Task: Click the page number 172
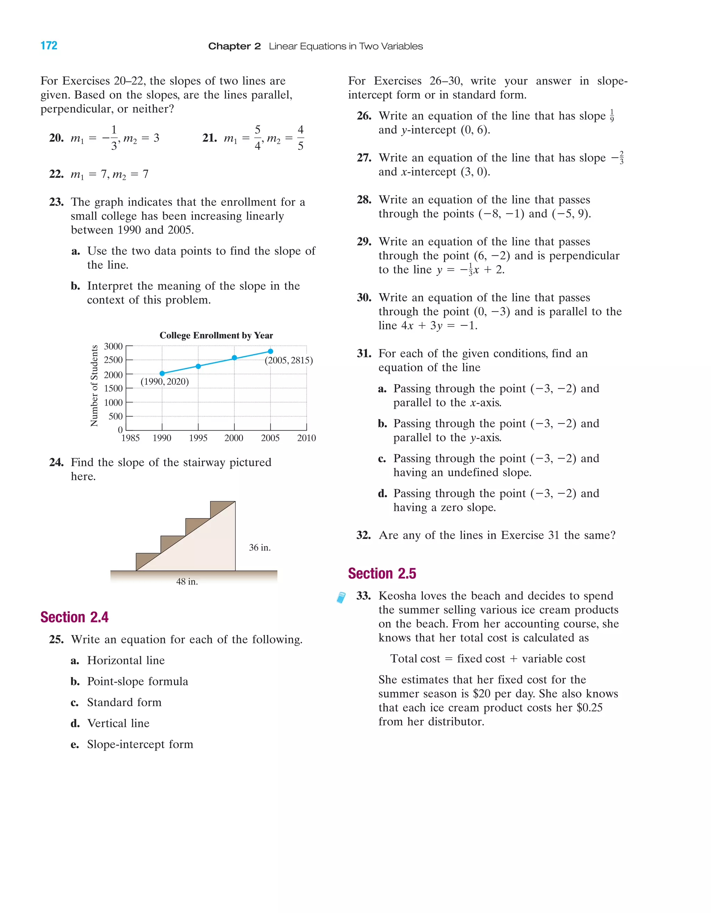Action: pyautogui.click(x=49, y=45)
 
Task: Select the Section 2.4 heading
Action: pyautogui.click(x=74, y=617)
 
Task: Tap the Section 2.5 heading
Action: pyautogui.click(x=382, y=574)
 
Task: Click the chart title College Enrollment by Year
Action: pyautogui.click(x=216, y=335)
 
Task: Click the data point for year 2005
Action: pyautogui.click(x=270, y=351)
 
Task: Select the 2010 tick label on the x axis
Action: pyautogui.click(x=306, y=438)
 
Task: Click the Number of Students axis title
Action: pyautogui.click(x=94, y=386)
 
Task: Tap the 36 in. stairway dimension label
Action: pyautogui.click(x=260, y=548)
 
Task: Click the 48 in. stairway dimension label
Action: pyautogui.click(x=187, y=582)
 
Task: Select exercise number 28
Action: pyautogui.click(x=364, y=200)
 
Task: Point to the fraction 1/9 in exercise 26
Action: pyautogui.click(x=612, y=116)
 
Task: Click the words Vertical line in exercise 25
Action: pyautogui.click(x=118, y=723)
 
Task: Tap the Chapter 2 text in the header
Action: pyautogui.click(x=234, y=46)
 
